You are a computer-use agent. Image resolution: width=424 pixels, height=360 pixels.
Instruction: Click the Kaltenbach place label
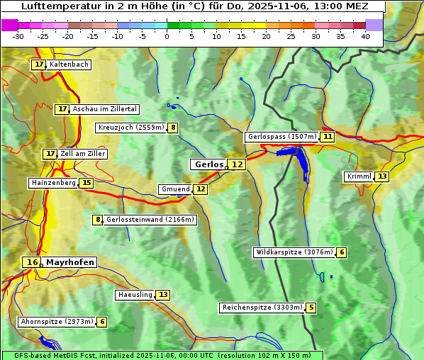pos(69,64)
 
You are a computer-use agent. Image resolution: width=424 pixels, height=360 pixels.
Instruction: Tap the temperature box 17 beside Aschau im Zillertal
pos(62,109)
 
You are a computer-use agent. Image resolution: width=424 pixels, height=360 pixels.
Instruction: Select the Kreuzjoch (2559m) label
pos(131,128)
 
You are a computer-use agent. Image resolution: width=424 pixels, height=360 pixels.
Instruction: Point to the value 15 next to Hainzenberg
pos(86,183)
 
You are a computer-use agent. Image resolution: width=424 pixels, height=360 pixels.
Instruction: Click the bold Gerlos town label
pos(208,164)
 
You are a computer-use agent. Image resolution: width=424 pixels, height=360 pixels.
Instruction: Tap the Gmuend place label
pos(175,189)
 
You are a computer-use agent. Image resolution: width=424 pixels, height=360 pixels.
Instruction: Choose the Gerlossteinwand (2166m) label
pos(150,220)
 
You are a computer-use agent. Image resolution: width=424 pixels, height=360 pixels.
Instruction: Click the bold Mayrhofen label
pos(69,262)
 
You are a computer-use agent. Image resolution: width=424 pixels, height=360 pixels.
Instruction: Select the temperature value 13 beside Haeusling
pos(163,295)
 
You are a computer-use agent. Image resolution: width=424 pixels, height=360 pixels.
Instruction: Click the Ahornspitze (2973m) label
pos(57,322)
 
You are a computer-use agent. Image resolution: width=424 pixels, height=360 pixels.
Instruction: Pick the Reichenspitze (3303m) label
pos(262,308)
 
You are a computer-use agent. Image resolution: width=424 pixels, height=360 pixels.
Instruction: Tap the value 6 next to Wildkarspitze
pos(341,252)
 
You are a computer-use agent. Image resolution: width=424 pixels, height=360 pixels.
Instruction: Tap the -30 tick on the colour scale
pos(19,36)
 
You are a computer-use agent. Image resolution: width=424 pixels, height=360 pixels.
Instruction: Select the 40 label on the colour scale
pos(365,36)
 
